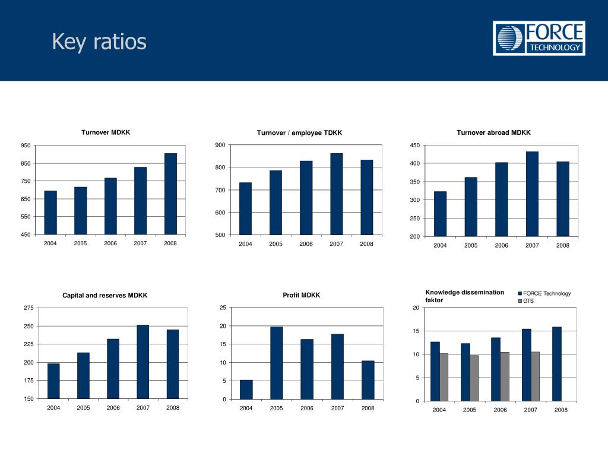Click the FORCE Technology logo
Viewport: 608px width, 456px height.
click(539, 39)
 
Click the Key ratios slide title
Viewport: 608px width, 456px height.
click(99, 42)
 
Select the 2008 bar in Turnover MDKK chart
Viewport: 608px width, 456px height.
click(171, 194)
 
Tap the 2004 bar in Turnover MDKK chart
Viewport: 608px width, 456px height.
click(50, 213)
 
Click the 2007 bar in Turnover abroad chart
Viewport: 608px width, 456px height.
click(532, 194)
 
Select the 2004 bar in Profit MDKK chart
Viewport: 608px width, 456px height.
click(246, 389)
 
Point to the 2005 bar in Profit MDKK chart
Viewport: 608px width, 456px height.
click(277, 363)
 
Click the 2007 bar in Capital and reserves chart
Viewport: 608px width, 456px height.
click(142, 362)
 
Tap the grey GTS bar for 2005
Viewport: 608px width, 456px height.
click(474, 378)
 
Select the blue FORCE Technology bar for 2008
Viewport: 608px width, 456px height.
click(556, 364)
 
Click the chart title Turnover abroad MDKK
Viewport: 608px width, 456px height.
click(493, 132)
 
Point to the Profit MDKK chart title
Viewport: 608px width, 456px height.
click(302, 295)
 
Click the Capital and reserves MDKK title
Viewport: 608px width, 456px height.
click(105, 295)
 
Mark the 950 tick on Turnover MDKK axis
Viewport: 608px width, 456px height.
click(26, 145)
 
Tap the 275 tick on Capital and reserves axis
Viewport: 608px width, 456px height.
click(28, 308)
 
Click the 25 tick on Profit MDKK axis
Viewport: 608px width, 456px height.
click(223, 308)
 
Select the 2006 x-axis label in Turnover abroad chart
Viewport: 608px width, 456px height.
click(501, 246)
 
